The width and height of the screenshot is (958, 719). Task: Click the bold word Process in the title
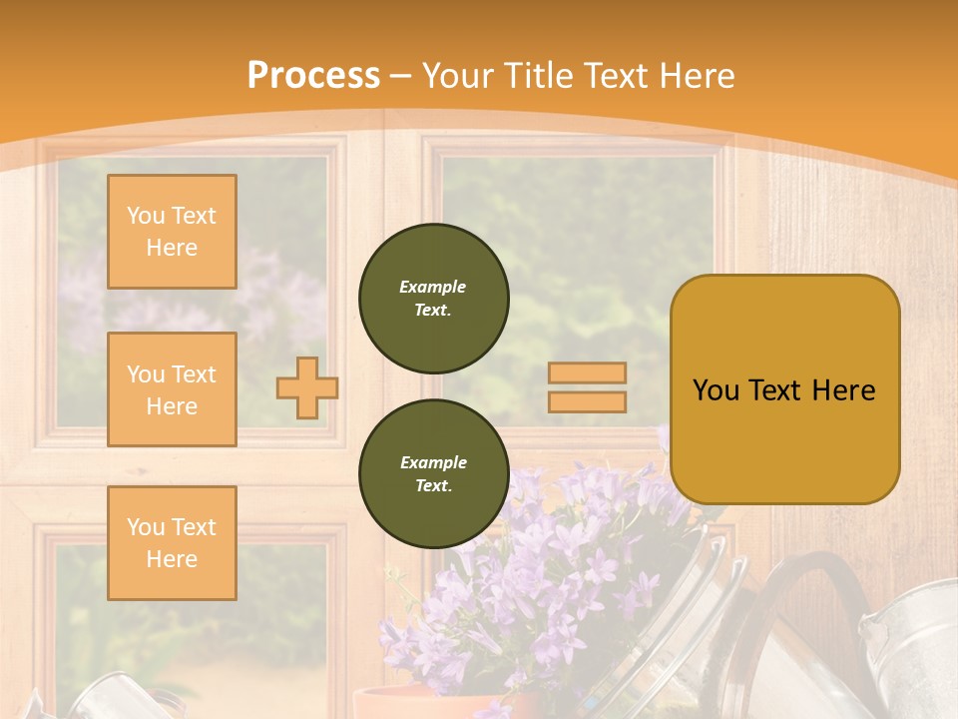[313, 76]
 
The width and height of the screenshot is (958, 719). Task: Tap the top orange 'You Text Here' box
[172, 232]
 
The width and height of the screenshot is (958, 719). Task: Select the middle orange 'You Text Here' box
[172, 389]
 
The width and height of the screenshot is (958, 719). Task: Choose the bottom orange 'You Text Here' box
[172, 543]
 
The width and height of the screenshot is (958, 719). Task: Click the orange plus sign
[306, 387]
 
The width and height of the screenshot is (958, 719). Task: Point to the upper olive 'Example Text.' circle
[433, 299]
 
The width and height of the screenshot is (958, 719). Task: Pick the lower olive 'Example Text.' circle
[433, 474]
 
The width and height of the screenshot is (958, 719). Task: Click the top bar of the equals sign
[587, 372]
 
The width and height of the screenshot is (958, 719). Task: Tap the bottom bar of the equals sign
[587, 401]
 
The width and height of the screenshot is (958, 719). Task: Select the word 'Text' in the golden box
[776, 390]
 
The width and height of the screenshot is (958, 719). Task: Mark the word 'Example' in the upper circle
[433, 287]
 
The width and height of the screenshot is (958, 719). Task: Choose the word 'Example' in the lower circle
[433, 462]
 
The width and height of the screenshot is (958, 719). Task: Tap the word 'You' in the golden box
[716, 390]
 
